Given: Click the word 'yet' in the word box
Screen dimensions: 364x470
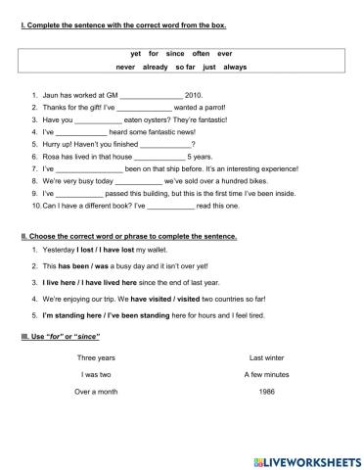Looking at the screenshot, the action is (135, 54).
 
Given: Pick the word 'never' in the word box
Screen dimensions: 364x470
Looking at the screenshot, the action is (125, 67).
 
